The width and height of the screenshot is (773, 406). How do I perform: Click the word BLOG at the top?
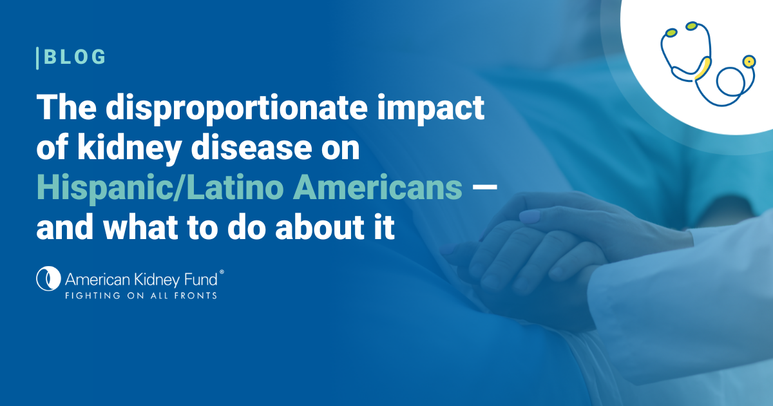click(75, 57)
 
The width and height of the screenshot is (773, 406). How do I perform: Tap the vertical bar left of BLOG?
click(37, 58)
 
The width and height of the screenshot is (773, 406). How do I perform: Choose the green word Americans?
click(377, 188)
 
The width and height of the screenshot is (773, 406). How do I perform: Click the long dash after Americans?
click(484, 189)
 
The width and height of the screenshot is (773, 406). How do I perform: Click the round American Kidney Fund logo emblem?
click(48, 278)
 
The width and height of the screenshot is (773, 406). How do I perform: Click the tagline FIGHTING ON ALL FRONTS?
click(141, 296)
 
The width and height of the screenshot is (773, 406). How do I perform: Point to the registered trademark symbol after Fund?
click(222, 272)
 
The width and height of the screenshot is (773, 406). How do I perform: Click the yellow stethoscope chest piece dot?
click(749, 62)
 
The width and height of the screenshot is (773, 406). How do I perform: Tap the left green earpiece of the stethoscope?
click(671, 32)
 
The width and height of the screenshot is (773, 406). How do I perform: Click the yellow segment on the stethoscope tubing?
click(703, 69)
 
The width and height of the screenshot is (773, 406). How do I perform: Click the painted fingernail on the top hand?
click(530, 217)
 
